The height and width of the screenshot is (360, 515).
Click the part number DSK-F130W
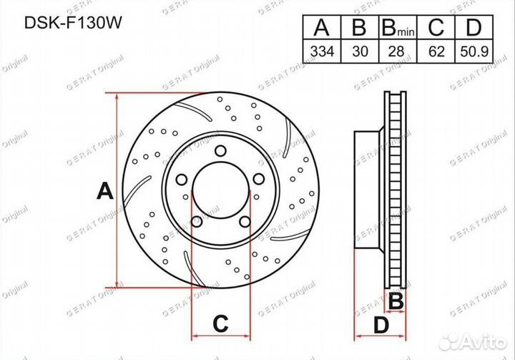pos(73,23)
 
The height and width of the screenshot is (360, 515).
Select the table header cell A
pos(322,27)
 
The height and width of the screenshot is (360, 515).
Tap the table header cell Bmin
pos(398,27)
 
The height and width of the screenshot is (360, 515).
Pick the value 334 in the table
pos(322,52)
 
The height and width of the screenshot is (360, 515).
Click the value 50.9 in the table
pos(474,52)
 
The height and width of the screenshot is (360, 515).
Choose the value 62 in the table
pos(436,52)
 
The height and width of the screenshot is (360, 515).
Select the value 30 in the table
pos(360,52)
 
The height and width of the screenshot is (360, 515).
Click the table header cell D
pos(474,27)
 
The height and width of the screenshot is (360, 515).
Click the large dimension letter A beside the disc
pos(104,191)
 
